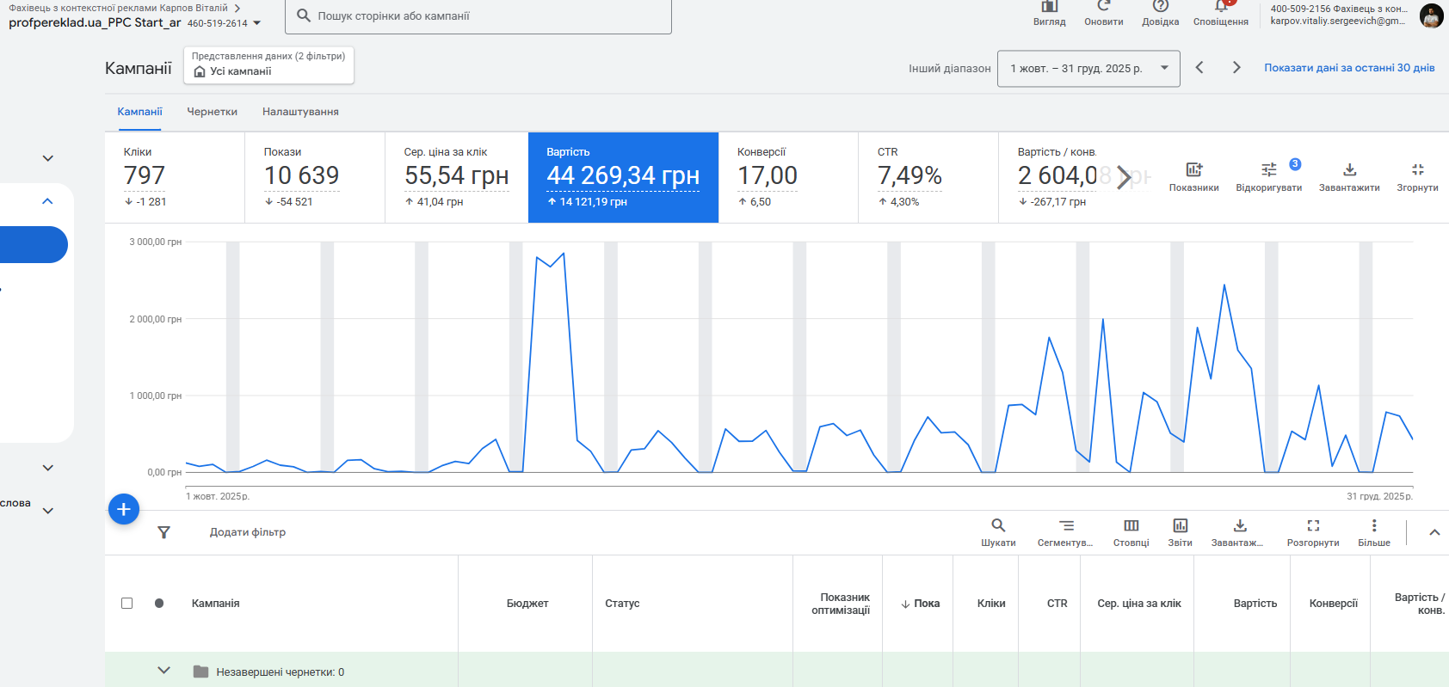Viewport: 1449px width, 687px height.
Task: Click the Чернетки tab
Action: (x=212, y=112)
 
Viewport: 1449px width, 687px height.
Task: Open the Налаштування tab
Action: (x=300, y=112)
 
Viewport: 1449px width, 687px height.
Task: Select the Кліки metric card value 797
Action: (x=145, y=175)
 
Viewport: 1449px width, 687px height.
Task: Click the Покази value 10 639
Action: (x=301, y=175)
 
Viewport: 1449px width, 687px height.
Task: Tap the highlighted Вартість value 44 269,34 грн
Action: (x=623, y=175)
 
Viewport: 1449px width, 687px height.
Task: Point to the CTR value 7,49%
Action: (x=909, y=175)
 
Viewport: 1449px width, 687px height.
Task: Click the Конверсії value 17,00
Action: (x=768, y=175)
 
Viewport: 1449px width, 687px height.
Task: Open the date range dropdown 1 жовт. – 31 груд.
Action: (x=1088, y=69)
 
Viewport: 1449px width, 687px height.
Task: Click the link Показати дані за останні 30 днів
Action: (x=1349, y=68)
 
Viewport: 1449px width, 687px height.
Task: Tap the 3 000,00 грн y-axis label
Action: (x=156, y=242)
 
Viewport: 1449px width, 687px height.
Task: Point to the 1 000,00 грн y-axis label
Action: (x=156, y=396)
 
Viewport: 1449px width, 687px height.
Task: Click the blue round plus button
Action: (x=124, y=509)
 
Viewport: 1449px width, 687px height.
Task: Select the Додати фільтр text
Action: (x=248, y=532)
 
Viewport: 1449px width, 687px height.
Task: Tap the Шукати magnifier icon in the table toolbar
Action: (x=998, y=525)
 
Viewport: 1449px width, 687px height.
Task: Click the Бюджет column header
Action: (x=527, y=604)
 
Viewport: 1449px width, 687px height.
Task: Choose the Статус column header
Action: (x=622, y=604)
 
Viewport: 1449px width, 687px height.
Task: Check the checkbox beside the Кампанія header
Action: (x=127, y=604)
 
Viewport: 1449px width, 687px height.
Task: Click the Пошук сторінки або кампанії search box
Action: (x=482, y=15)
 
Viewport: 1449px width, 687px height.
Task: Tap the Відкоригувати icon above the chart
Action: (x=1268, y=170)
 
